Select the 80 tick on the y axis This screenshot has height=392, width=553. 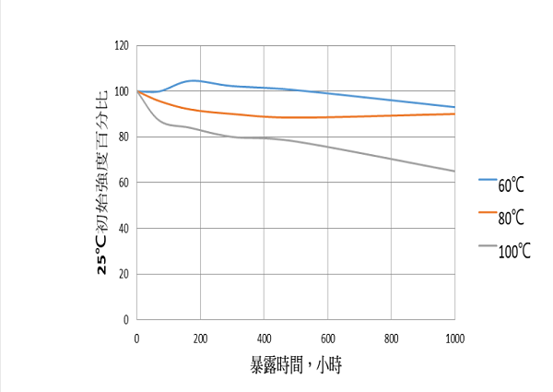pos(124,137)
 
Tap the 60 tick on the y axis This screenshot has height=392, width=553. pos(124,183)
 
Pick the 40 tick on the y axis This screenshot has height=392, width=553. pos(124,228)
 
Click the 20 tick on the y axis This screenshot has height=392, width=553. pos(124,274)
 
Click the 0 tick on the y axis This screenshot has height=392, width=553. pos(127,319)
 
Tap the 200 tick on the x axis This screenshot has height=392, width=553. pos(200,338)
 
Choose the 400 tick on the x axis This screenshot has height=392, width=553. pos(264,338)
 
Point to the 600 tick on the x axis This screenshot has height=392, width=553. pos(327,338)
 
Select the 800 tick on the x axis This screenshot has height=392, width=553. pos(391,338)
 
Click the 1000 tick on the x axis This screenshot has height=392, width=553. pos(454,338)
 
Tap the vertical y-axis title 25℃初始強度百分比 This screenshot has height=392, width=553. pos(102,182)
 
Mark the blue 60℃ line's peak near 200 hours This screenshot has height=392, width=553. pos(192,80)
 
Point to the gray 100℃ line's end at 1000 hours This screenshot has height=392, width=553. pos(454,171)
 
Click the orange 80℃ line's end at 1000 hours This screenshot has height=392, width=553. pos(454,113)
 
